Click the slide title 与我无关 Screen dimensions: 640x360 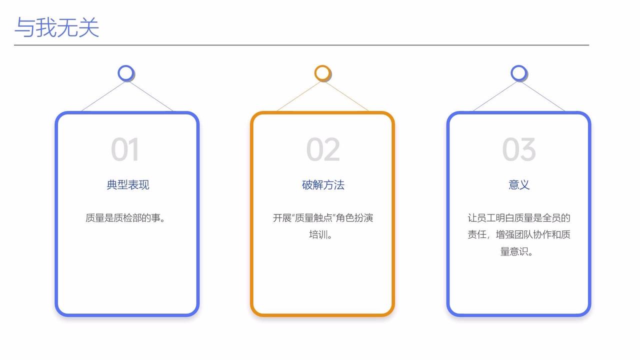pos(56,27)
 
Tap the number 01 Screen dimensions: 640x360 pos(124,149)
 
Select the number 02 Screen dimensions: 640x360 pos(323,149)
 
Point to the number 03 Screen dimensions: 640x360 pos(519,149)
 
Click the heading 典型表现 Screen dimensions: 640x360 pos(127,185)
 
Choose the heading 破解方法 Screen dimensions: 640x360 pos(323,185)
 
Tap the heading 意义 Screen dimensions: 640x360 pos(519,185)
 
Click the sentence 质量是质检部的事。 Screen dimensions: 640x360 pos(125,218)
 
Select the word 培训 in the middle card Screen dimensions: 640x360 pos(318,234)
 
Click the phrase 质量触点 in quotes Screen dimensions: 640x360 pos(314,218)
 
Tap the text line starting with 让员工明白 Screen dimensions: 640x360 pos(519,218)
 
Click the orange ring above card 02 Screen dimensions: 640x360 pos(323,73)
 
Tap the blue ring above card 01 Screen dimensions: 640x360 pos(126,73)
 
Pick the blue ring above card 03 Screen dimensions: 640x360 pos(519,73)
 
